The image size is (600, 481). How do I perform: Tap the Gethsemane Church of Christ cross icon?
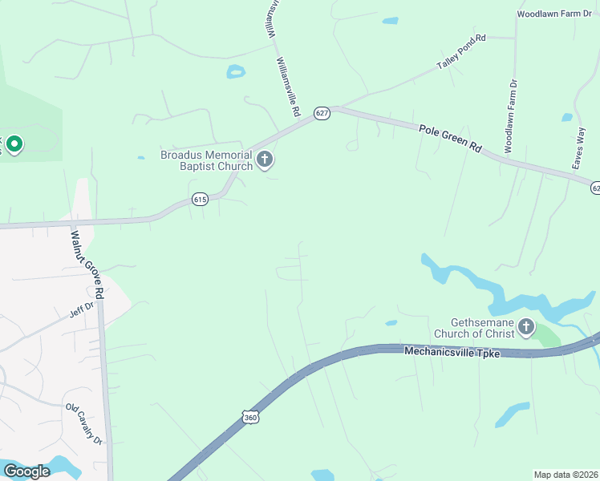[x=526, y=326]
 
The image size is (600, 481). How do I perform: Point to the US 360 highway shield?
[x=249, y=417]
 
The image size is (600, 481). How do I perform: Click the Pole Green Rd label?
[x=449, y=137]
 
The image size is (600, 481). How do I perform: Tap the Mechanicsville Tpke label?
[x=452, y=351]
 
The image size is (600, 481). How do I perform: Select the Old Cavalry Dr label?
[x=85, y=424]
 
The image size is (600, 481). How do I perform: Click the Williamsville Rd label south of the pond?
[x=286, y=84]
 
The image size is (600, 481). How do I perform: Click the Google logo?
[x=26, y=471]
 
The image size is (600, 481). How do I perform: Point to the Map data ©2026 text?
[x=566, y=475]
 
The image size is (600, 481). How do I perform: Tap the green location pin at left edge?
[x=14, y=144]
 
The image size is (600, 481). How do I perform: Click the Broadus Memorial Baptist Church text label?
[x=206, y=160]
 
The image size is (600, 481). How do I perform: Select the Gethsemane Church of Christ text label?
[x=473, y=327]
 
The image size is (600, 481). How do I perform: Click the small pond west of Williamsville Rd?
[x=236, y=71]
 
